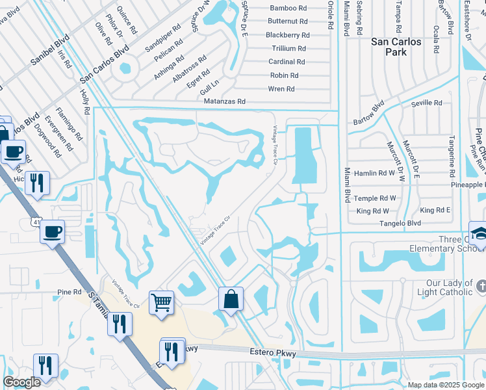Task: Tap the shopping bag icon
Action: click(x=231, y=299)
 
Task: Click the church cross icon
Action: click(x=481, y=286)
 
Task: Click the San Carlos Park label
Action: click(x=396, y=47)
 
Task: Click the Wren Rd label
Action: click(x=281, y=89)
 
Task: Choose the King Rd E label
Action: click(x=435, y=211)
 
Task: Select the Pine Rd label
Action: click(x=69, y=292)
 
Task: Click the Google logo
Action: click(x=22, y=382)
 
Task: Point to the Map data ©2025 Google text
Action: click(x=445, y=385)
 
